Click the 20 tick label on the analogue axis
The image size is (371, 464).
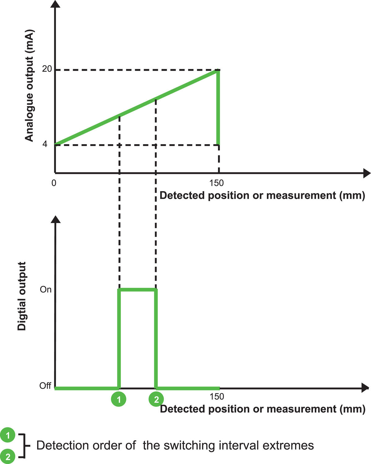click(x=47, y=69)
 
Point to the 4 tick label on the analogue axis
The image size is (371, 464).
click(x=45, y=144)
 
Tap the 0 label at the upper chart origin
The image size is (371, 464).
click(x=54, y=183)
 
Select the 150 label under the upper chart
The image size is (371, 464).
click(x=216, y=183)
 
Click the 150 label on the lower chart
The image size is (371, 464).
click(x=217, y=396)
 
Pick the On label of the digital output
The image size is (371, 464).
click(x=45, y=290)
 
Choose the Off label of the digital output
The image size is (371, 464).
click(x=45, y=386)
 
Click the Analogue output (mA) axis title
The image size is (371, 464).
click(x=29, y=86)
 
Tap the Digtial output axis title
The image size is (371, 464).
click(x=22, y=296)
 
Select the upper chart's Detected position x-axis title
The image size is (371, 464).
click(x=262, y=195)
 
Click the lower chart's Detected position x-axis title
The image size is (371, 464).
click(x=262, y=409)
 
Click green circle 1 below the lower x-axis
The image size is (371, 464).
click(x=119, y=399)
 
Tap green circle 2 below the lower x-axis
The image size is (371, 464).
click(x=156, y=399)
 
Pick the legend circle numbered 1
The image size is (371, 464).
click(x=8, y=436)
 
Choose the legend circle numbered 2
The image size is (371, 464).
click(x=8, y=457)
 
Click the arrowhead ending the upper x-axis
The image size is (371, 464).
click(x=367, y=173)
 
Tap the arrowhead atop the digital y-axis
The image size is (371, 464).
click(x=56, y=219)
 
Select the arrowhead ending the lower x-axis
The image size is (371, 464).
click(x=365, y=388)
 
